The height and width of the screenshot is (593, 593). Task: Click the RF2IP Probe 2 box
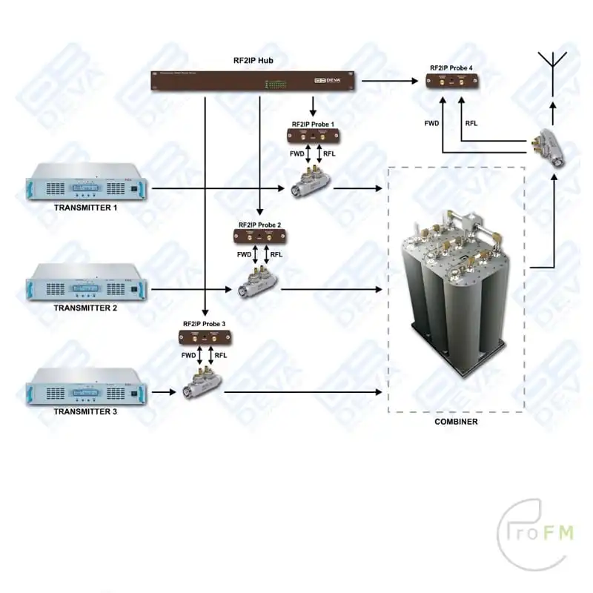[260, 236]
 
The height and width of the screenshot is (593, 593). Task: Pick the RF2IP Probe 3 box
[205, 337]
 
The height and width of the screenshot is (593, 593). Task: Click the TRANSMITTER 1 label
[86, 208]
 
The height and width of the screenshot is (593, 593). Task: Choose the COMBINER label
[456, 422]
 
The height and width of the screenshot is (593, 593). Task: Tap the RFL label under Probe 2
[276, 254]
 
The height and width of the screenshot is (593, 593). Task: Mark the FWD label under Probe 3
[189, 356]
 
